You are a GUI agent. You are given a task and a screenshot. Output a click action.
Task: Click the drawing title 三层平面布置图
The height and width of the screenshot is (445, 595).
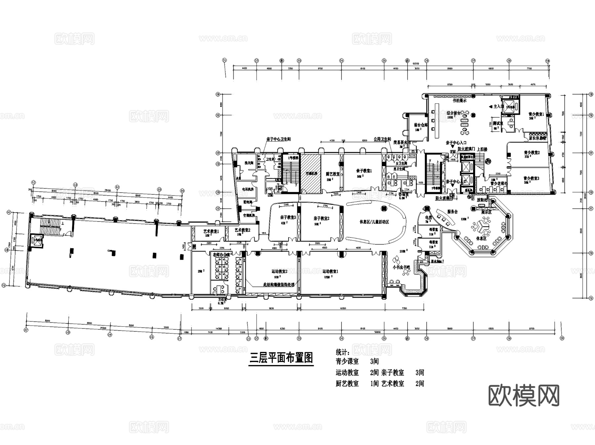(281, 358)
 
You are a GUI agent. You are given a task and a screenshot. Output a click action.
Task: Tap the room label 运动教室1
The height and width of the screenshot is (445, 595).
(330, 272)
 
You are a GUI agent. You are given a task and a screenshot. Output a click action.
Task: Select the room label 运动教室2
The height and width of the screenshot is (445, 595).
(279, 272)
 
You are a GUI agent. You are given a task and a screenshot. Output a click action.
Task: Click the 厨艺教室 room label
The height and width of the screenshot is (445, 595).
(333, 174)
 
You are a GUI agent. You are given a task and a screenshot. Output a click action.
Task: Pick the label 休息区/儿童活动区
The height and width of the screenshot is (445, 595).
(374, 222)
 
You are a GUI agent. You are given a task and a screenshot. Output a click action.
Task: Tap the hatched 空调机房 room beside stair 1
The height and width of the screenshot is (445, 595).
(311, 173)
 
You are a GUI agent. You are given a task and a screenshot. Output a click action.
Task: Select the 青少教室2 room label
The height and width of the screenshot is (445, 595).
(532, 153)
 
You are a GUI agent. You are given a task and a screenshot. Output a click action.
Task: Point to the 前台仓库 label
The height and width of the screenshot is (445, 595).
(420, 125)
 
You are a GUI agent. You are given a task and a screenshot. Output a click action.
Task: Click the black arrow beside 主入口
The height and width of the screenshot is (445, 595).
(491, 107)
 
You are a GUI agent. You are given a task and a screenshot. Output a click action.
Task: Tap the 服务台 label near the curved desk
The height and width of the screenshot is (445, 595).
(452, 212)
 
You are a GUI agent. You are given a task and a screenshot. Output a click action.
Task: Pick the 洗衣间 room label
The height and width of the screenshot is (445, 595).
(249, 163)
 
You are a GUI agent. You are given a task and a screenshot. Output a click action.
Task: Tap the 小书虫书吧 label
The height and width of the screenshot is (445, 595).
(401, 267)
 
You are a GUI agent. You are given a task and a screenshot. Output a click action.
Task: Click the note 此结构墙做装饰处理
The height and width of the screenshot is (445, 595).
(279, 284)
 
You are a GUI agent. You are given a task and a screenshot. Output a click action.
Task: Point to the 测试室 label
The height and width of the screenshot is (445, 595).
(497, 123)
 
